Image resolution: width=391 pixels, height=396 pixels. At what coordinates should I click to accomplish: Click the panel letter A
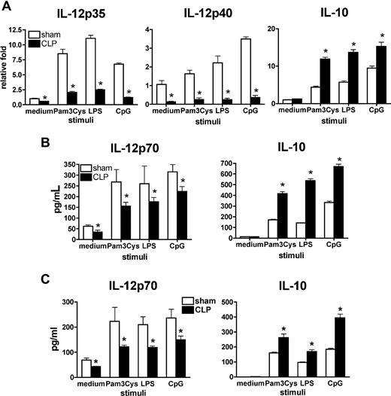pos(6,7)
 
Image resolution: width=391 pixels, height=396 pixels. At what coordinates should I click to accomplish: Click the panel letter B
pos(6,140)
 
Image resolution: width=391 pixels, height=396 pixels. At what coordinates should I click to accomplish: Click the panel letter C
pos(6,267)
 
